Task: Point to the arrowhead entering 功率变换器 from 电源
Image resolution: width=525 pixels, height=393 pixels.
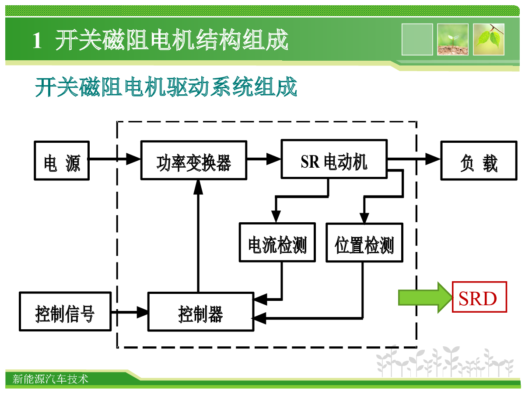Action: (x=133, y=159)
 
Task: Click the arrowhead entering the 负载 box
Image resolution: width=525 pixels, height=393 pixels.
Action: (x=433, y=159)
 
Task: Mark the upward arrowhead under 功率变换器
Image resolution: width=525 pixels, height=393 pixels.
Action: (x=198, y=187)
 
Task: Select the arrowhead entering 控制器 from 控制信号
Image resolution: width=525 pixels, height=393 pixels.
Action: (x=142, y=312)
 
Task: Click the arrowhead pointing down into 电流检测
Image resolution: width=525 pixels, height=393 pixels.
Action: (x=276, y=217)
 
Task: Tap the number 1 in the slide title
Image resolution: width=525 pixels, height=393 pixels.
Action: (x=37, y=41)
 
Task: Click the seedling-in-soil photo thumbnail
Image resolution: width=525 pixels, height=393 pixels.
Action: (x=452, y=39)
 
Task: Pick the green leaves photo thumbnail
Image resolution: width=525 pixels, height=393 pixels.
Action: (x=489, y=39)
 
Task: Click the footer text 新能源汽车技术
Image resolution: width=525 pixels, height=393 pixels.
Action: (x=50, y=379)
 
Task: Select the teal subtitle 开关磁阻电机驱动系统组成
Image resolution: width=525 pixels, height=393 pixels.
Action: (x=166, y=86)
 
